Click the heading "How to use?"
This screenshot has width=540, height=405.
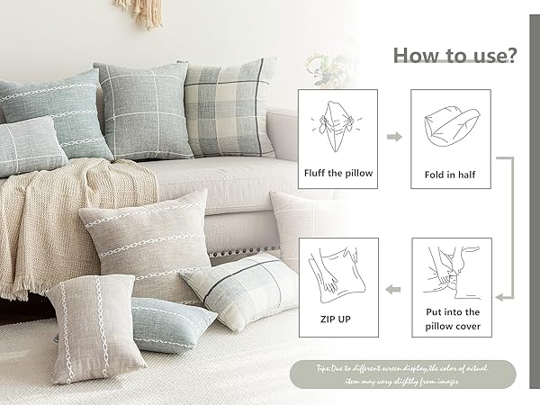click(454, 56)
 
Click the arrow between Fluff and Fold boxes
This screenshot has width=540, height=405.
click(394, 137)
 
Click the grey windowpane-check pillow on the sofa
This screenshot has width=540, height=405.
click(144, 108)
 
